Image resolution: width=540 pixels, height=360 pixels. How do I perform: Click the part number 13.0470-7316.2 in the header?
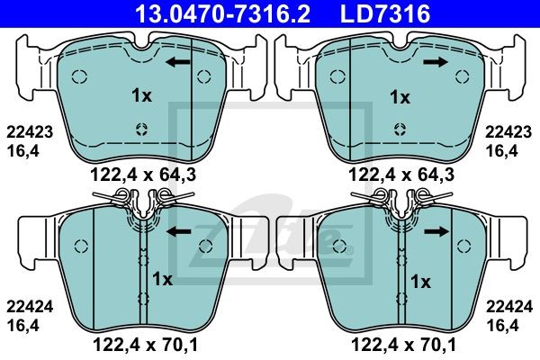pos(223,13)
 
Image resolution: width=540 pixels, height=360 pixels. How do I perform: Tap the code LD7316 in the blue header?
pos(385,13)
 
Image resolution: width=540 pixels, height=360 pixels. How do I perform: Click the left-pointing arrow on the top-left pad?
pos(177,62)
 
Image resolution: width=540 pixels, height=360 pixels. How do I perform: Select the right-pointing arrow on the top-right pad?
pos(436,62)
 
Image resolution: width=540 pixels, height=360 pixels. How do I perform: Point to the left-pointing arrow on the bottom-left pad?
pos(179,232)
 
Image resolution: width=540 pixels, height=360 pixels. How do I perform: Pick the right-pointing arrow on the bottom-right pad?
pos(436,232)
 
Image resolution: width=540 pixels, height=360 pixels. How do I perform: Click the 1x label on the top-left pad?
pos(141,95)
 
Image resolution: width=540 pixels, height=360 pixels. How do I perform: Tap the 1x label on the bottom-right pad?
pos(420,282)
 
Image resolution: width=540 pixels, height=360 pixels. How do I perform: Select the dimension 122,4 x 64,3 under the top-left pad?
pos(143,175)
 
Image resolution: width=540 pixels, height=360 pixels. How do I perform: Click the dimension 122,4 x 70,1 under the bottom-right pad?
pos(403,345)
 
